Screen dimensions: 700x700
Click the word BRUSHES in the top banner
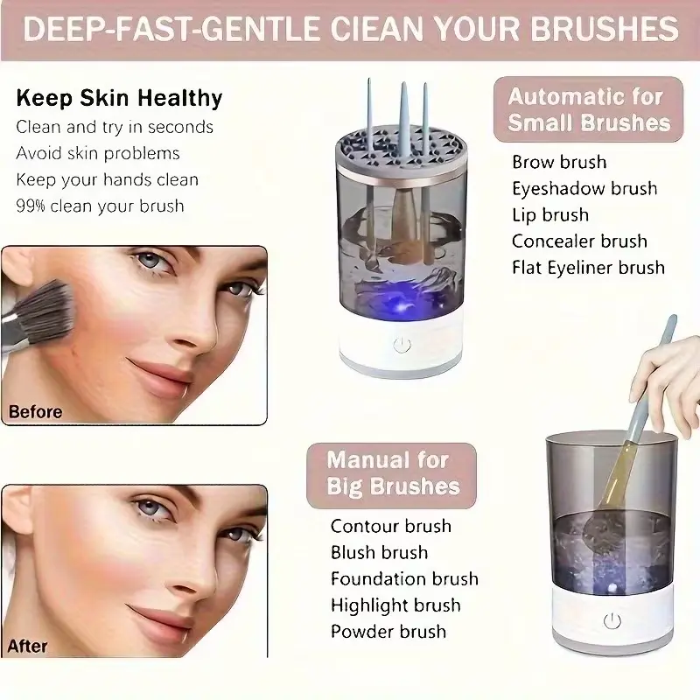[598, 30]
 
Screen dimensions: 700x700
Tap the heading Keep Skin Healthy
[120, 97]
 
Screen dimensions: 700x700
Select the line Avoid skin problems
[98, 153]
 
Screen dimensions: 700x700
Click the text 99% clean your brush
[100, 206]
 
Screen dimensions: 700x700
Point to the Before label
[35, 411]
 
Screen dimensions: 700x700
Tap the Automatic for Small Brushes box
[589, 109]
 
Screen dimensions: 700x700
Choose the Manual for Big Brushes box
[388, 473]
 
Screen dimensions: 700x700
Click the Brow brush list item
[559, 162]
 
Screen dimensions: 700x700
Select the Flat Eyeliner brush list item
[588, 268]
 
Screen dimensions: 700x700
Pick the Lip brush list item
[550, 215]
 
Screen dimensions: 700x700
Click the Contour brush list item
[390, 526]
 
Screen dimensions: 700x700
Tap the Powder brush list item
[388, 632]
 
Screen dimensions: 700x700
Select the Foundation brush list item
[404, 579]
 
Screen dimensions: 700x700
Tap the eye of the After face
[150, 507]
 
